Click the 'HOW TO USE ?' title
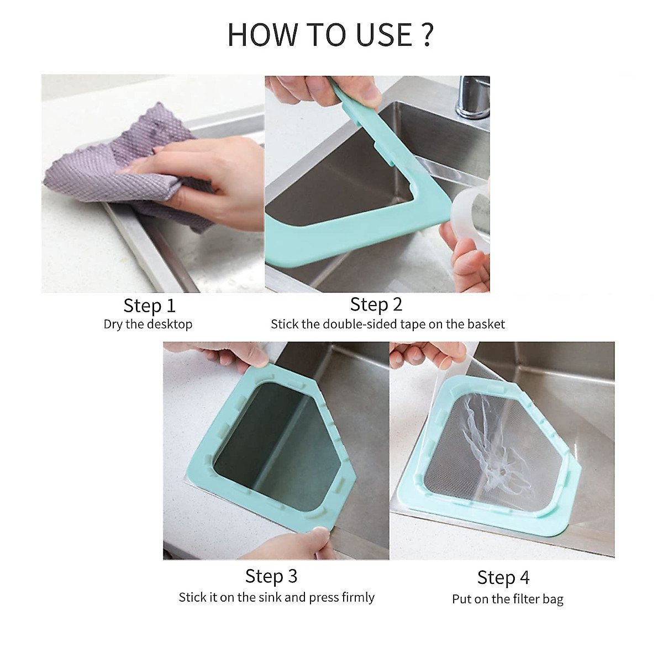coord(330,34)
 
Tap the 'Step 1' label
coord(149,305)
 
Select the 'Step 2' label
coord(376,304)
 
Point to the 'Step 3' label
coord(271,576)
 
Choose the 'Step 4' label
coord(503,577)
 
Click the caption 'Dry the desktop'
coord(148,324)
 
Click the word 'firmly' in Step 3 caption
coord(357,597)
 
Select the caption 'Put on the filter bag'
coord(507,599)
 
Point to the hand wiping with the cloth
coord(215,177)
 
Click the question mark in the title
coord(427,34)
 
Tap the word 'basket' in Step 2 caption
coord(486,324)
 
